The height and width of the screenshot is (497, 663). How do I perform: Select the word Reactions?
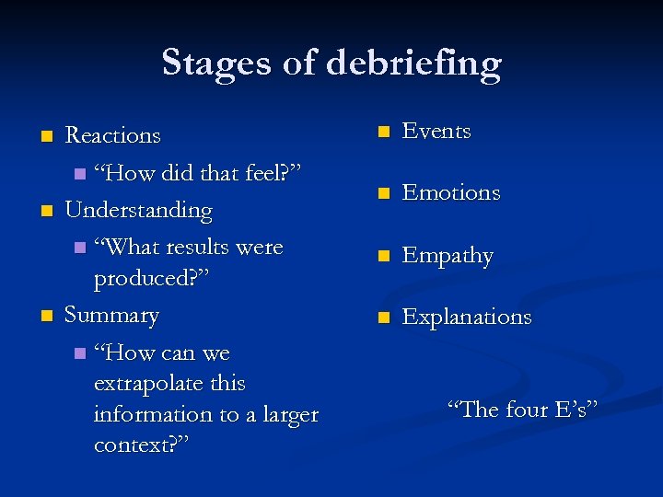112,135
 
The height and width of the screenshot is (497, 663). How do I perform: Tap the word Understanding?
138,210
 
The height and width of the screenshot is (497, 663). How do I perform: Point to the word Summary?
111,315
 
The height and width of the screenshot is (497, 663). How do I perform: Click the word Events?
436,131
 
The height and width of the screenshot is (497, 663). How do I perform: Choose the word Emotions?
451,192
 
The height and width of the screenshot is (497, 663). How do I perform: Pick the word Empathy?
448,255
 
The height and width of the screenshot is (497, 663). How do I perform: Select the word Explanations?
467,317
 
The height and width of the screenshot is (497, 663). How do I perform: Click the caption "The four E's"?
522,408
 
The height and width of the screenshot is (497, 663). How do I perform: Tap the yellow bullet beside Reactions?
46,137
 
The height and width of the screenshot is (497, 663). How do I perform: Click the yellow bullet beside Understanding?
46,212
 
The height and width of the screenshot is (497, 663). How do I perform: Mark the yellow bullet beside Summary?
46,317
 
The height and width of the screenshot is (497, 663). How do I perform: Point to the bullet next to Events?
385,132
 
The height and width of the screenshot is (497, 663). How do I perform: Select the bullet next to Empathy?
385,256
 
